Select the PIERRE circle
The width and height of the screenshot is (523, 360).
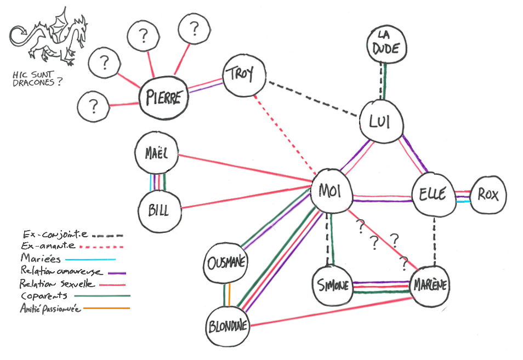coord(163,98)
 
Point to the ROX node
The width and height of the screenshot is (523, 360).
coord(488,194)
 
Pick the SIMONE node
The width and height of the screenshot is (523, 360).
coord(333,285)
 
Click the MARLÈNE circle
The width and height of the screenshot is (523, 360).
coord(430,285)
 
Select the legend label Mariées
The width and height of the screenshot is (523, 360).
coord(37,258)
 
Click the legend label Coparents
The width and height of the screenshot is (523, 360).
coord(44,296)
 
